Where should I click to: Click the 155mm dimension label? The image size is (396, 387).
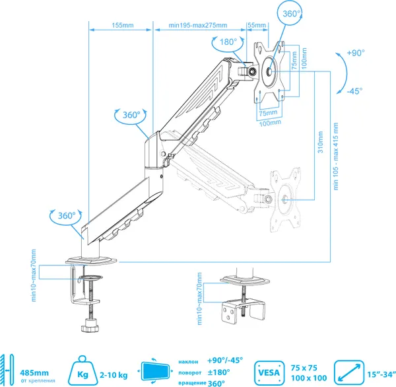coord(123,25)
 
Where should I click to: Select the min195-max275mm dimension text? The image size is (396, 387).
coord(198,25)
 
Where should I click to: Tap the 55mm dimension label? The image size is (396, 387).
coord(257,25)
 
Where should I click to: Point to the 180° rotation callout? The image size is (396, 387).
coord(228,42)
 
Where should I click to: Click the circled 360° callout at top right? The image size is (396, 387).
coord(290,13)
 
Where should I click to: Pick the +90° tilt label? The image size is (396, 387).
coord(356,53)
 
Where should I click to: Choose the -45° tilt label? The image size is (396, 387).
coord(354,90)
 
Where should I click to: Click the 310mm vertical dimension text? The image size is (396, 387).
coord(321,142)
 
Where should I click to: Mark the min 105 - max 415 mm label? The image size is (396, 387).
coord(336,157)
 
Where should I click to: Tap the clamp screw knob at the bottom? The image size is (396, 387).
coord(89,325)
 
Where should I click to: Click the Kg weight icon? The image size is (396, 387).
coord(82,370)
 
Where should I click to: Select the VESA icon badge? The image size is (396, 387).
coord(269,372)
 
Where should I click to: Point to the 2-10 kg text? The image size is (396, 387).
coord(114,375)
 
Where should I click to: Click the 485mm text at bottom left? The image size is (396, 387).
coord(34,372)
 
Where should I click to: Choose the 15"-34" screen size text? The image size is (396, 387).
coord(381,374)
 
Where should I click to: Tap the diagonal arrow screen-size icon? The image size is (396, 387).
coord(349,372)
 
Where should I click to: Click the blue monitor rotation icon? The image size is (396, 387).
coord(155,371)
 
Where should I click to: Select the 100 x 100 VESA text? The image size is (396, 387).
coord(309,378)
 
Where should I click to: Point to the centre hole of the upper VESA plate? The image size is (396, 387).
coord(269,72)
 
